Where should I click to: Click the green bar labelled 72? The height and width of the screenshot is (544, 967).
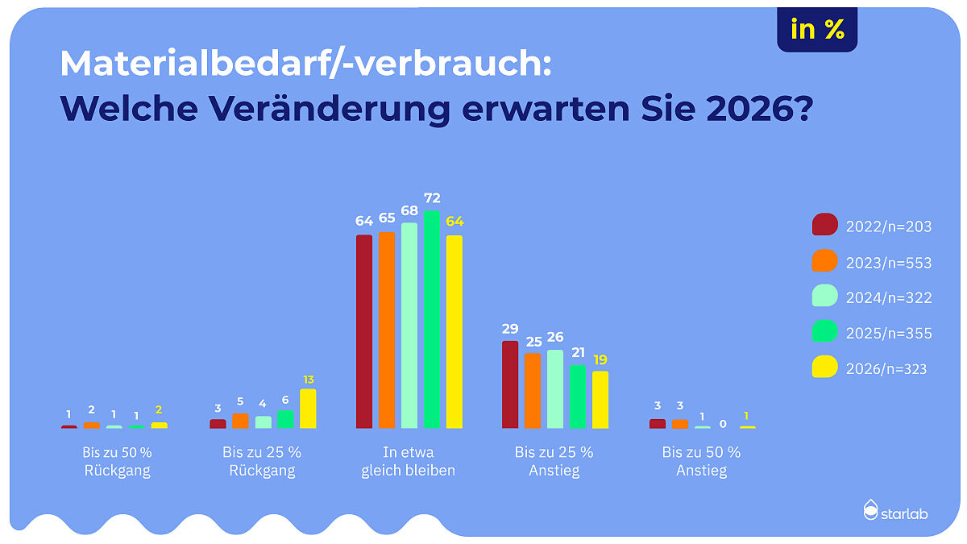point(432,320)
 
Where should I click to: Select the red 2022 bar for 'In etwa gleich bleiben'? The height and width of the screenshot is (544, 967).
point(364,331)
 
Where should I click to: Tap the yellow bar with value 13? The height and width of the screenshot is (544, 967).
point(308,409)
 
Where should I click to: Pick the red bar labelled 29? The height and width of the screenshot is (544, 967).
point(510,384)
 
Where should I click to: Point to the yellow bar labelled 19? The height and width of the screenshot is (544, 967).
point(600,400)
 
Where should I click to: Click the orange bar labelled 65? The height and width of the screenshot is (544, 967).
point(387,330)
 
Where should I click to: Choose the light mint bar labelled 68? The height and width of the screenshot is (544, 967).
point(409,326)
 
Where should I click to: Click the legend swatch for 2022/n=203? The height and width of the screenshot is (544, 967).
point(825,226)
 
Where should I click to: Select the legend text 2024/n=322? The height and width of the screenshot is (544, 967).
point(889,298)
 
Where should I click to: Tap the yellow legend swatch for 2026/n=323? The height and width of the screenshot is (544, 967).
point(825,368)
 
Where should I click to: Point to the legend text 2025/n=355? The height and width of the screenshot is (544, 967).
point(889,334)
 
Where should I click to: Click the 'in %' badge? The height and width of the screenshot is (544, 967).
point(817,30)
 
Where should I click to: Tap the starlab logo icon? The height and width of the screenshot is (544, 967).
point(870,510)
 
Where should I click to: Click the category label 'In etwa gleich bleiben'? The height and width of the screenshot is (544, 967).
point(409,462)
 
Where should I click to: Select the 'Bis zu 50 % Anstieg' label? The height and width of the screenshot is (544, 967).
point(701,462)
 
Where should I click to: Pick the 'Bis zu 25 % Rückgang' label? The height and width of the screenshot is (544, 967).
point(262,462)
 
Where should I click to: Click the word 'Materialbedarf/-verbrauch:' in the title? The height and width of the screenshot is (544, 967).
point(305,64)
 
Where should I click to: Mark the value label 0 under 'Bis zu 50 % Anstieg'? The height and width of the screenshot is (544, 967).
point(724,423)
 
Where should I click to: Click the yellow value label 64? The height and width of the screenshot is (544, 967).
point(455,222)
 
